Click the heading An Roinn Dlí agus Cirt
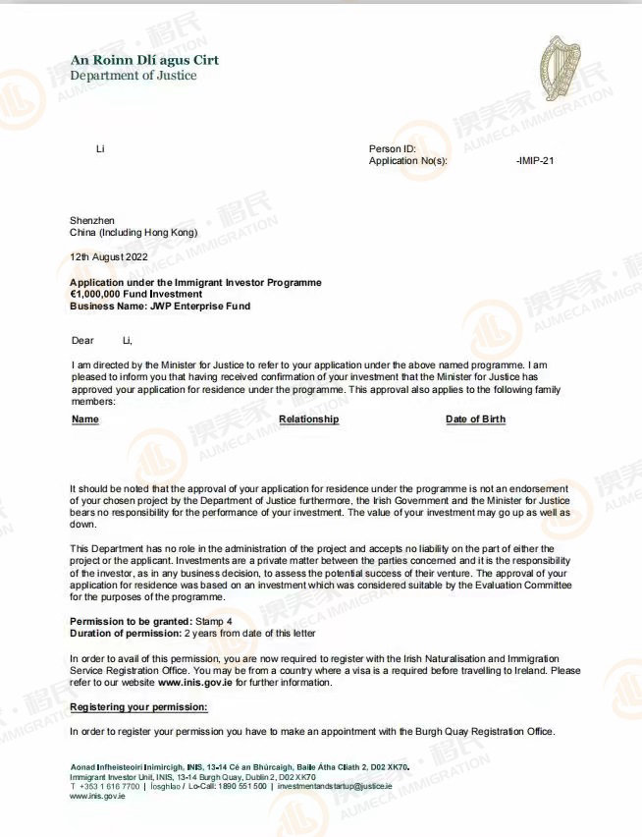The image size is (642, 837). (144, 60)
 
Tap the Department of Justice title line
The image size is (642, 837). (133, 76)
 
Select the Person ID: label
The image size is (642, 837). (393, 149)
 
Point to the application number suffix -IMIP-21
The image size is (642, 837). (535, 160)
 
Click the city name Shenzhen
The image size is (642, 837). (92, 220)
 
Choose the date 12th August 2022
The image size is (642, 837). (108, 256)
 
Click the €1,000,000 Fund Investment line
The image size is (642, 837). (135, 294)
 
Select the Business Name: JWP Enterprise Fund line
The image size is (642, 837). (159, 306)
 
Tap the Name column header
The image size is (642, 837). (85, 419)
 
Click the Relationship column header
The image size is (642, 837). (308, 419)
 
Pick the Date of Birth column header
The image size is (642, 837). (475, 419)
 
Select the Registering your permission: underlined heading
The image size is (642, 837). (138, 707)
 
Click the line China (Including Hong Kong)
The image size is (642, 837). (133, 233)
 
